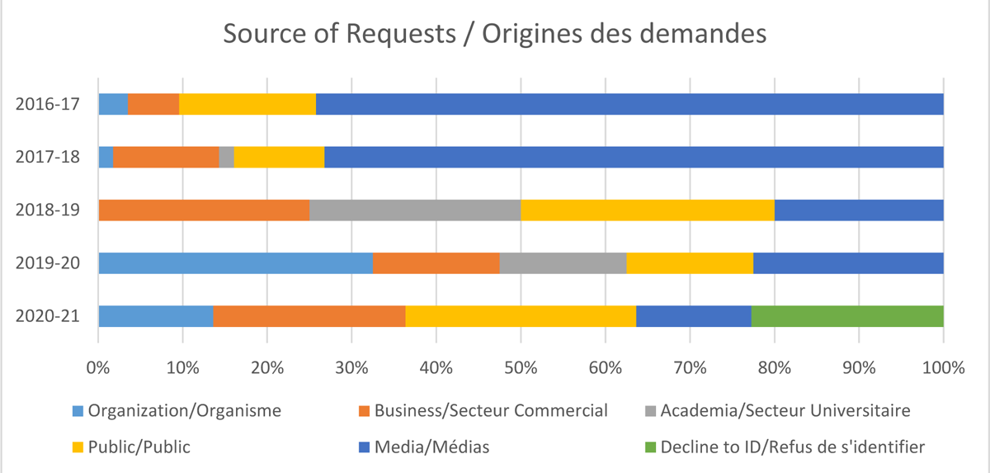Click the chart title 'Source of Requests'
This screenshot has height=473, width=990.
(x=495, y=35)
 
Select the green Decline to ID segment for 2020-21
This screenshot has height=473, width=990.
(x=847, y=316)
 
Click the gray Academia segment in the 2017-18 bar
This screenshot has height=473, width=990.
(x=226, y=156)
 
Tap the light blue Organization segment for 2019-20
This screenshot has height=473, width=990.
(x=235, y=263)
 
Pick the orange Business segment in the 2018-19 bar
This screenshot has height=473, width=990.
(x=204, y=210)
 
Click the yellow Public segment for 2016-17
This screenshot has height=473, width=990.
(x=247, y=103)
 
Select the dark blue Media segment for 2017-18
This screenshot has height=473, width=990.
(x=634, y=156)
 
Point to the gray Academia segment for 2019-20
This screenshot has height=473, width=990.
(x=563, y=263)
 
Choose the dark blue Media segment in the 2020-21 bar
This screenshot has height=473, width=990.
(x=693, y=316)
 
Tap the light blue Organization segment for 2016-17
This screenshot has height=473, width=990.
(x=113, y=103)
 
